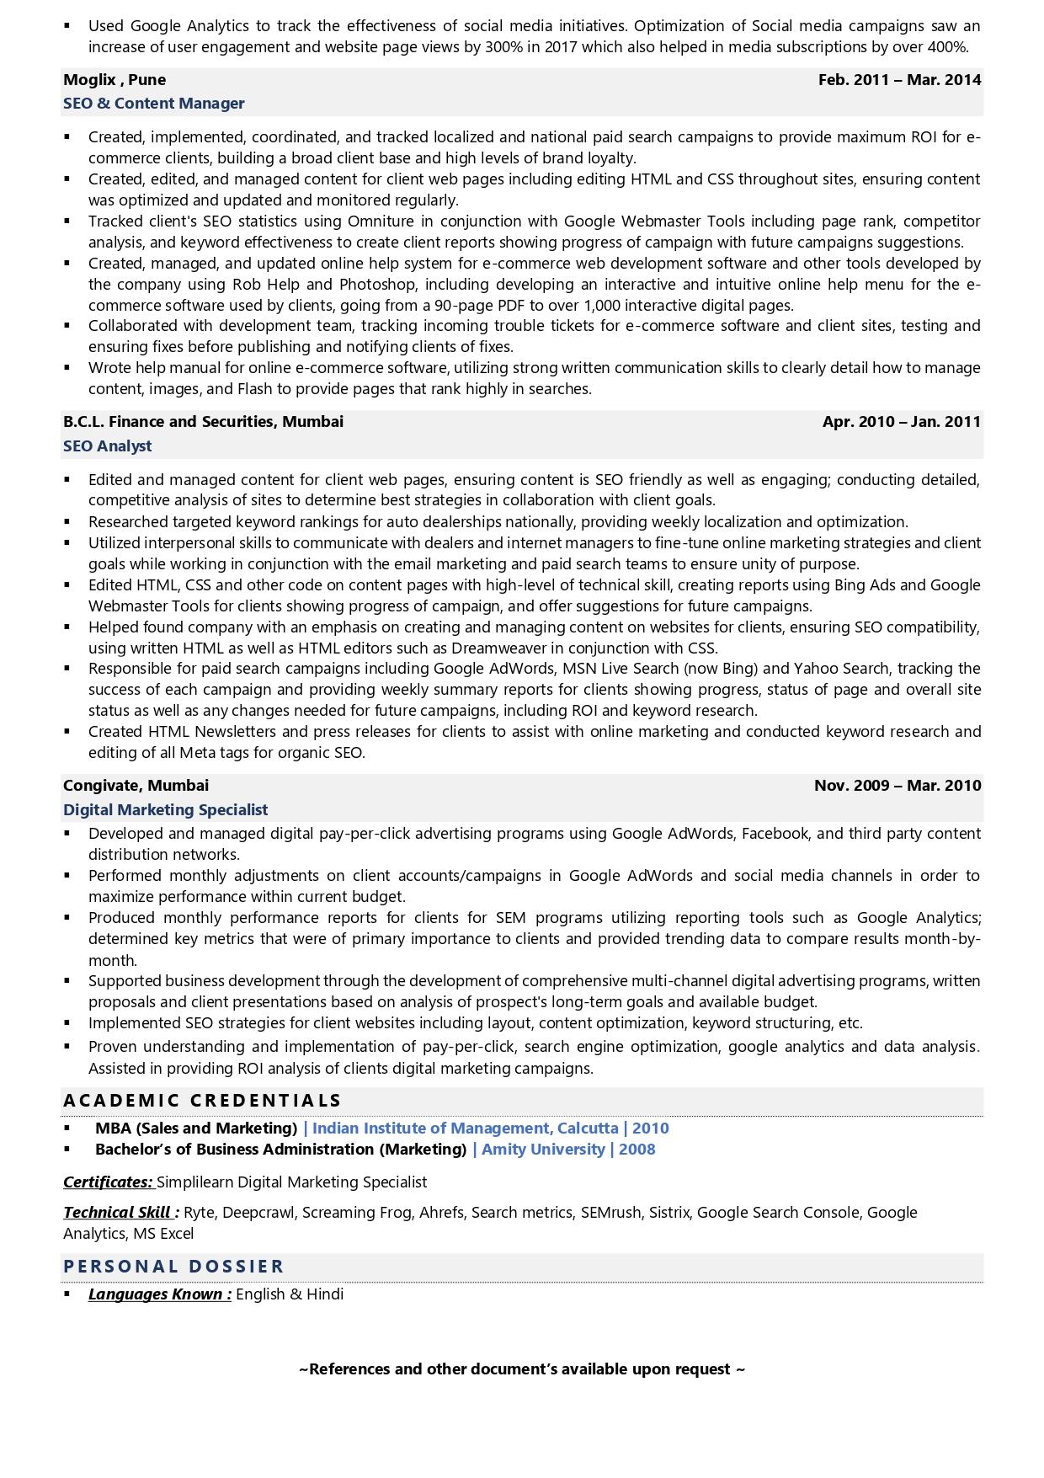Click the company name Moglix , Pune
coord(115,80)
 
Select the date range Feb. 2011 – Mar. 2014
coord(899,80)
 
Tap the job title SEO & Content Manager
coord(154,104)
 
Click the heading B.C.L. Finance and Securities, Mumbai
coord(203,422)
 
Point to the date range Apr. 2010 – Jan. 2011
coord(901,422)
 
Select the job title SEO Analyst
coord(108,446)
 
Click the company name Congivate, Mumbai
coord(136,786)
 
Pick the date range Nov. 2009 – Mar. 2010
coord(897,786)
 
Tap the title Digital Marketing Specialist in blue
coord(165,810)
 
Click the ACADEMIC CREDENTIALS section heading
coord(202,1101)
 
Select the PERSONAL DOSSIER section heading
coord(173,1267)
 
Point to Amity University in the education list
coord(543,1150)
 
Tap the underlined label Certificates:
coord(108,1182)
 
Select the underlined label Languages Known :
coord(159,1294)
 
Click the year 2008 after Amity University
coord(637,1150)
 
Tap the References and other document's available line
coord(522,1369)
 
